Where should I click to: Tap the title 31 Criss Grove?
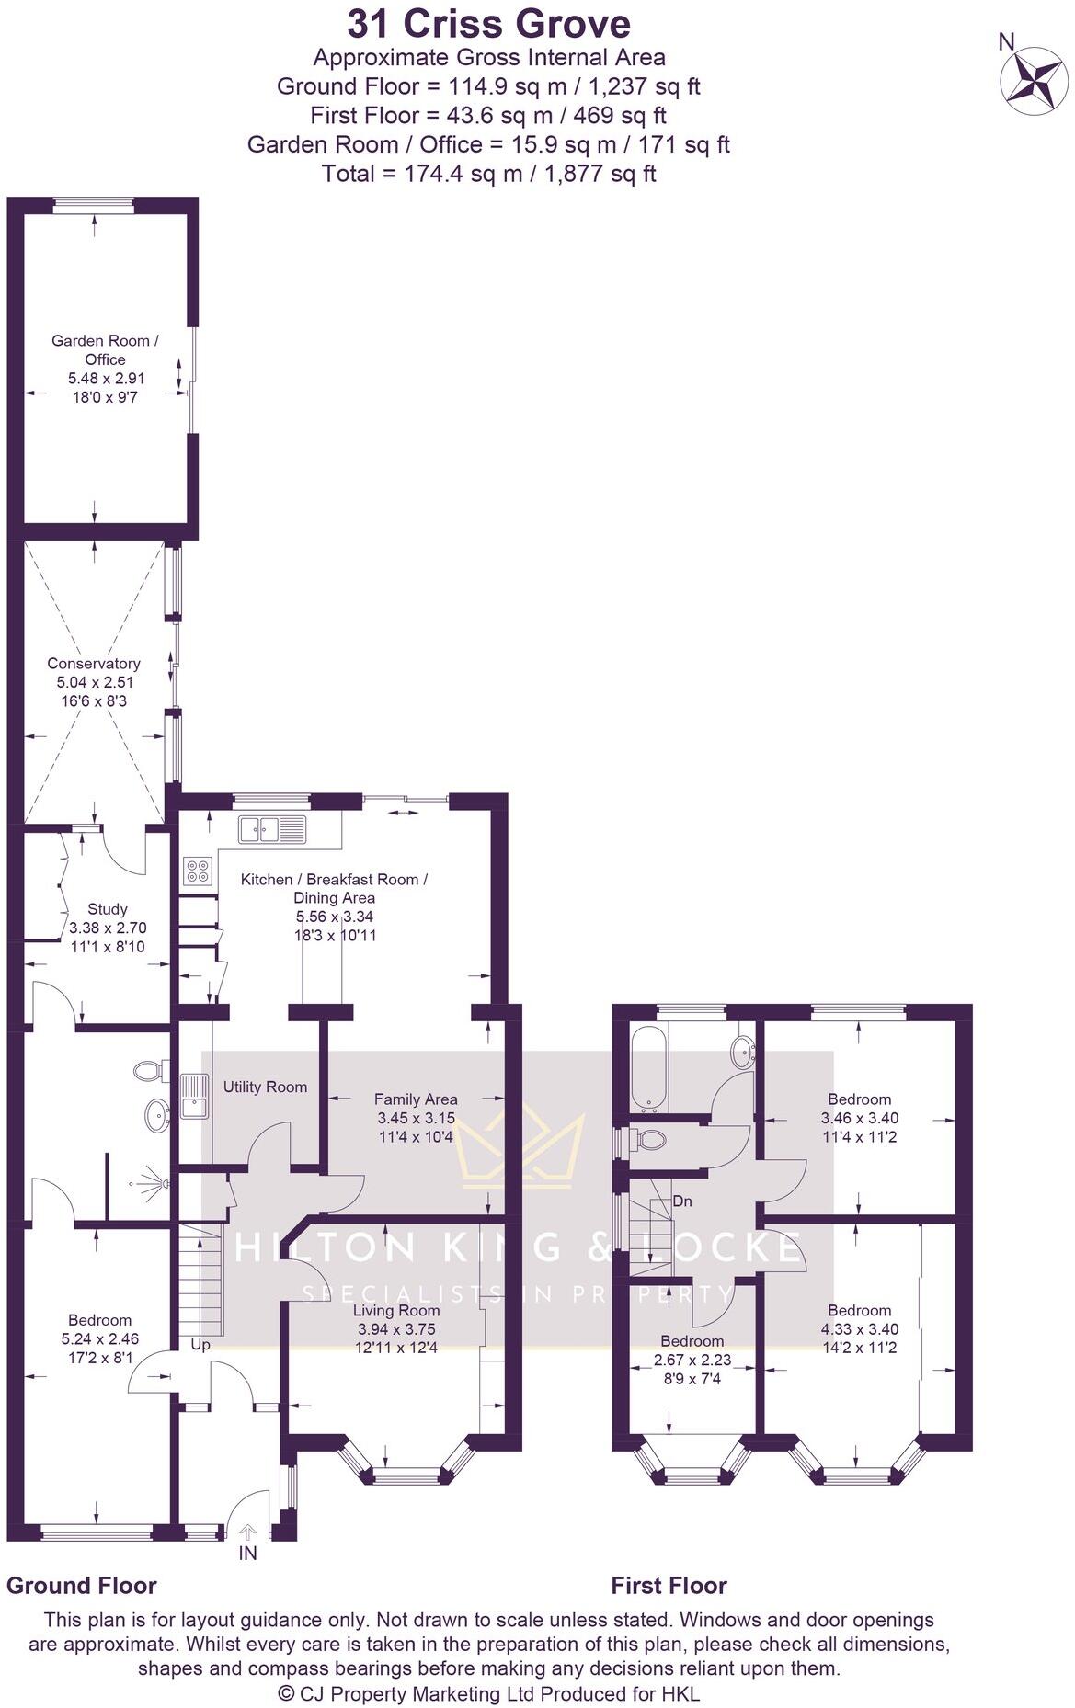click(x=488, y=23)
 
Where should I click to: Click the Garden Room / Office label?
click(x=105, y=349)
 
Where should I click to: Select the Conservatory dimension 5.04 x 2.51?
click(x=94, y=682)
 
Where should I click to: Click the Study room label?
click(x=108, y=909)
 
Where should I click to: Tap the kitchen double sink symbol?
click(x=271, y=829)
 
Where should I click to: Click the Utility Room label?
click(x=265, y=1087)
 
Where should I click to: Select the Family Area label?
click(x=416, y=1099)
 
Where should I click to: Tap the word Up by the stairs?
click(x=200, y=1345)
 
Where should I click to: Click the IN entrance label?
click(x=247, y=1554)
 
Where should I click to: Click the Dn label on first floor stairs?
click(x=682, y=1201)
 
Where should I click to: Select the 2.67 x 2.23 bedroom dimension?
click(x=692, y=1360)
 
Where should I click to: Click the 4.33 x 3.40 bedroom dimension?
click(x=859, y=1329)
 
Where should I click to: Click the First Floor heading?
click(x=669, y=1585)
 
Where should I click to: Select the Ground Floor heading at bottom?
click(x=82, y=1585)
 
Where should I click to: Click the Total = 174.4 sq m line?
click(x=488, y=173)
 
